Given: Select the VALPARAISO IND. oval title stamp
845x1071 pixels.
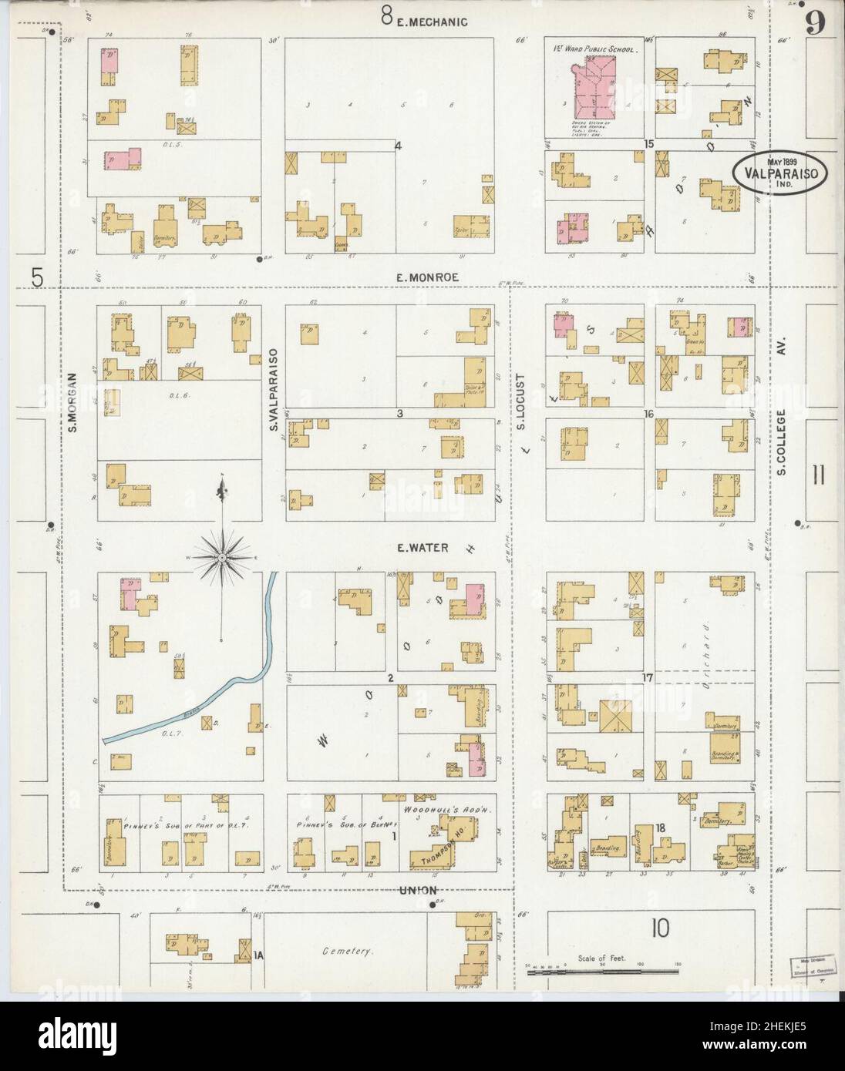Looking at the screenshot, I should click(x=780, y=173).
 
